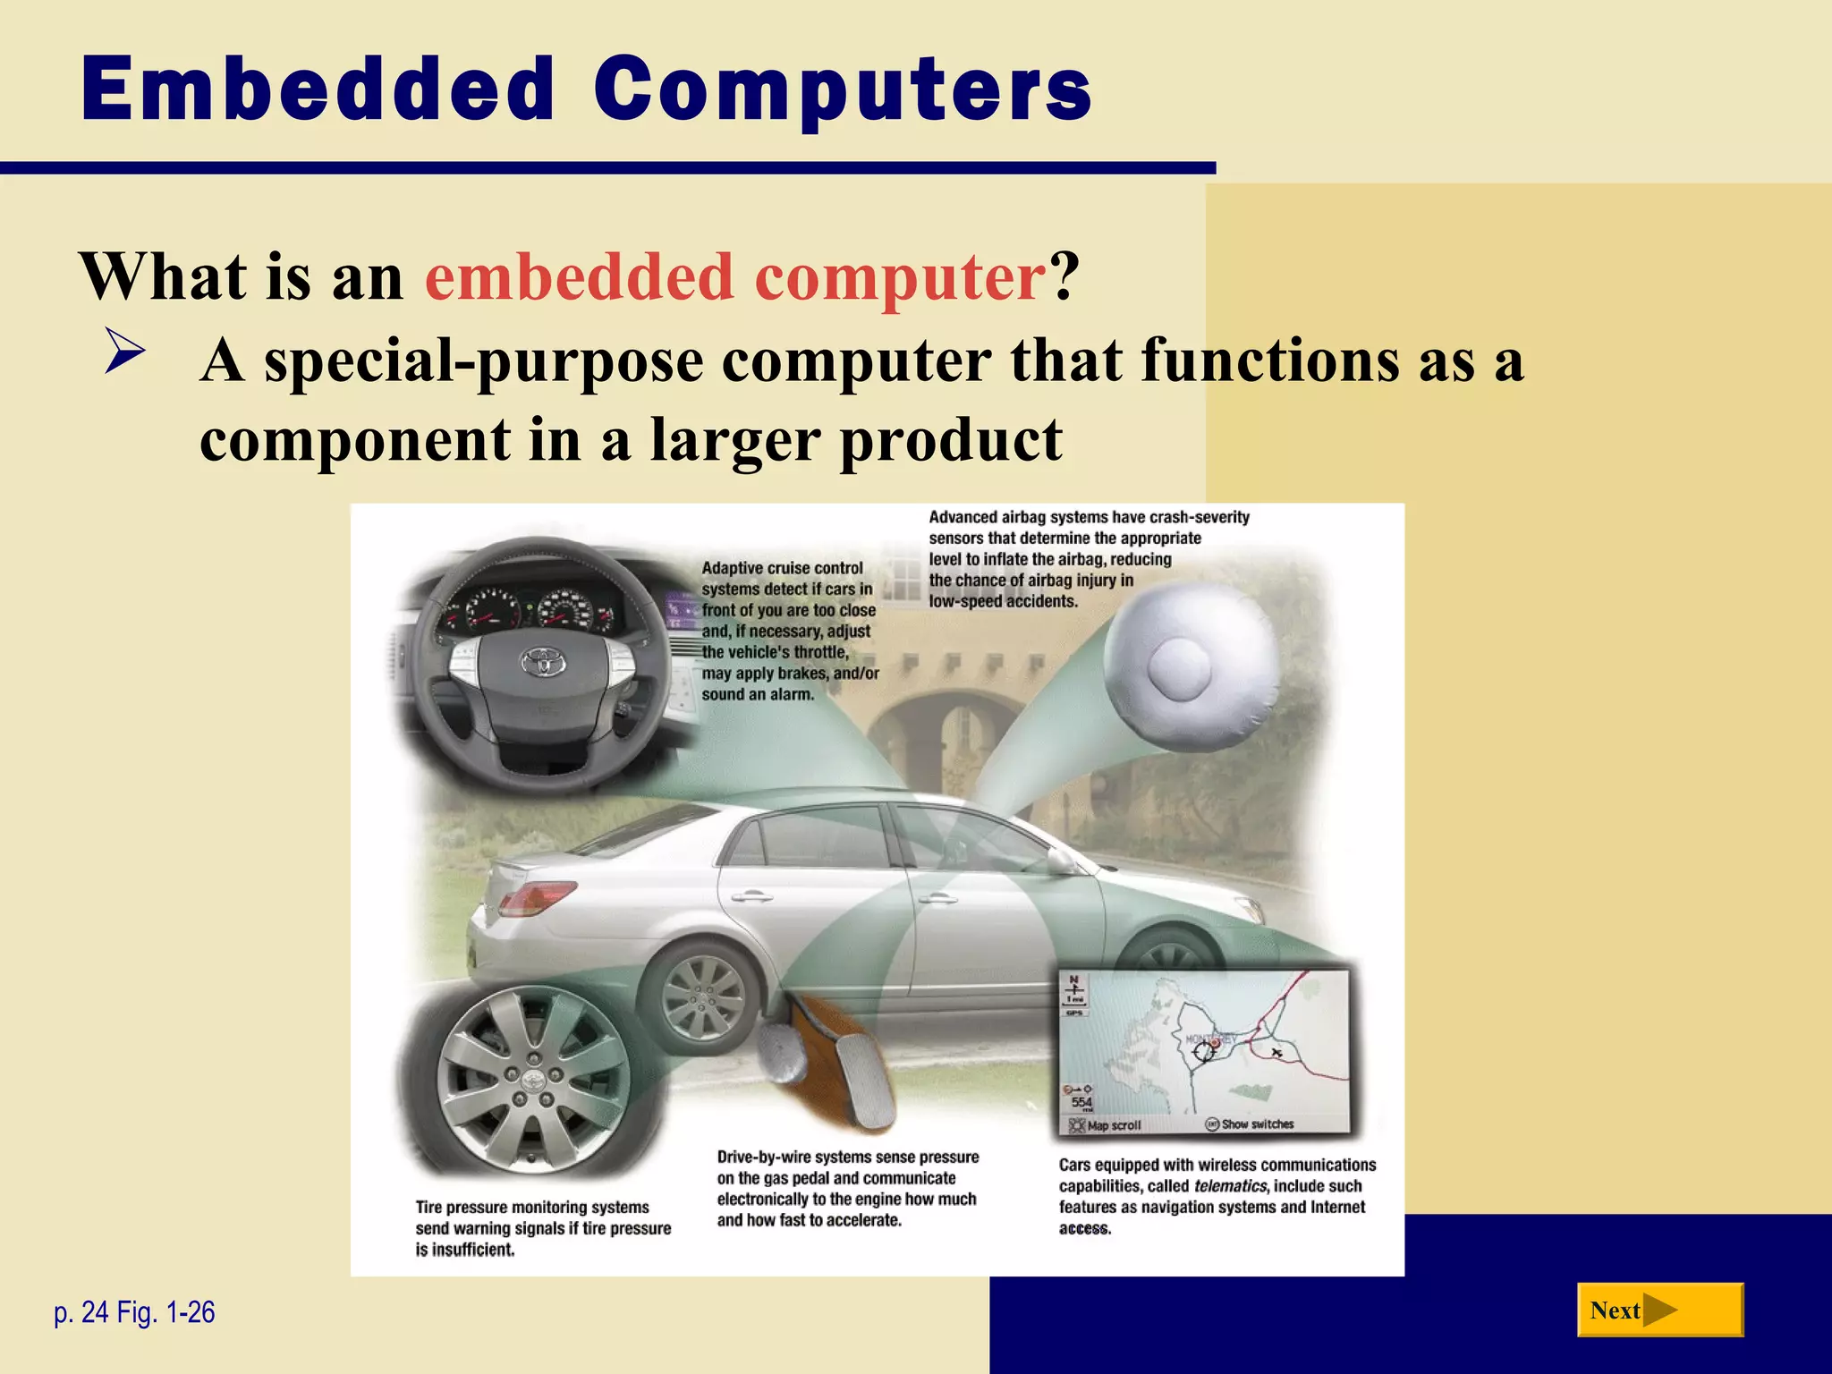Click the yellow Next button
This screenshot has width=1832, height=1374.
[1659, 1310]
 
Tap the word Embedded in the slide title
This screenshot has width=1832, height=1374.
[318, 89]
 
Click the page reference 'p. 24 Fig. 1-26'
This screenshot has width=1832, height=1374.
[134, 1312]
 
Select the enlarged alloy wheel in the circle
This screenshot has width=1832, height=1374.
[533, 1078]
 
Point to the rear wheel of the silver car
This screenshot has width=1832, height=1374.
[706, 997]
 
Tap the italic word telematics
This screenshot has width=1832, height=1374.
[1230, 1186]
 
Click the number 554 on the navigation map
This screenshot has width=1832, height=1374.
[1081, 1102]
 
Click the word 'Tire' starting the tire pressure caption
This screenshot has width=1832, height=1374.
[429, 1208]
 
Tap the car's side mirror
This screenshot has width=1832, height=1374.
[1060, 861]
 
